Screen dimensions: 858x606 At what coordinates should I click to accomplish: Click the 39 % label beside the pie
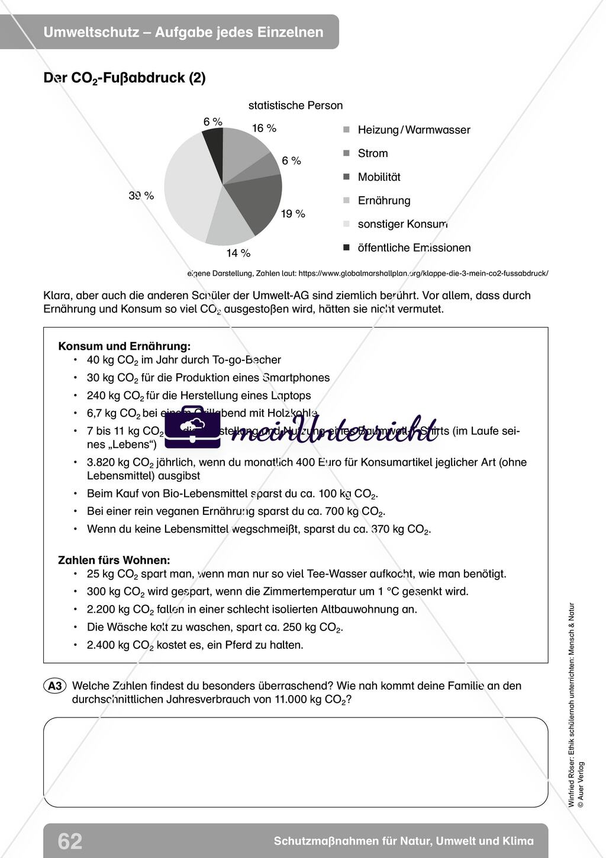tap(141, 196)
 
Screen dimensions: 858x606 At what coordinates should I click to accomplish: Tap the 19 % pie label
tap(293, 214)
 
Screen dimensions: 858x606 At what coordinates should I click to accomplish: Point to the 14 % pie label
tap(238, 253)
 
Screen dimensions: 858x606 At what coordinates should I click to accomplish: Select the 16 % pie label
tap(264, 128)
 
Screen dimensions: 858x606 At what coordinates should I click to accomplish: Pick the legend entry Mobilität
tap(379, 177)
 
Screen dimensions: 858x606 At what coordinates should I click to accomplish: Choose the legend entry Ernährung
tap(383, 200)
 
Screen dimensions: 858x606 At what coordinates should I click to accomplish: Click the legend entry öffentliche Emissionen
tap(414, 248)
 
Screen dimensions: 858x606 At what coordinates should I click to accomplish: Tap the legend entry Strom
tap(373, 153)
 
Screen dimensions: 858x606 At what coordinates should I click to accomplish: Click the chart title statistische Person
tap(295, 105)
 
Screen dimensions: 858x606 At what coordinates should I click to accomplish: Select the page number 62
tap(70, 841)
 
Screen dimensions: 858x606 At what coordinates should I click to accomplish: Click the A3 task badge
tap(54, 686)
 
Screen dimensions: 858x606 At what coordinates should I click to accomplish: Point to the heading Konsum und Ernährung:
tap(124, 346)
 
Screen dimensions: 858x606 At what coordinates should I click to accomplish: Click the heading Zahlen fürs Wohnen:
tap(114, 560)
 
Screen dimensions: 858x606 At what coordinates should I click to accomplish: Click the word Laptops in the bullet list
tap(291, 395)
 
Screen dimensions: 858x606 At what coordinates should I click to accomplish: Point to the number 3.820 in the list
tap(102, 462)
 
